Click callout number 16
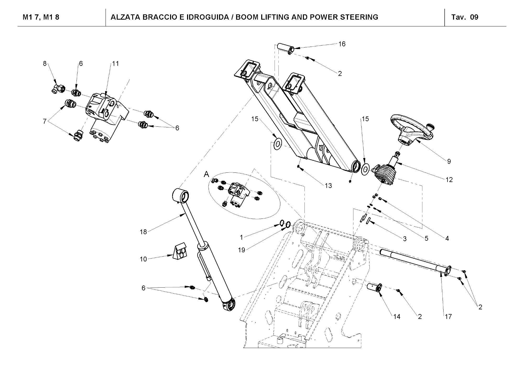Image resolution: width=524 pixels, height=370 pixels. pyautogui.click(x=342, y=44)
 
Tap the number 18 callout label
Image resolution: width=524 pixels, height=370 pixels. pyautogui.click(x=143, y=232)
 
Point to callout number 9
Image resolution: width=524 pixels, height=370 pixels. pyautogui.click(x=449, y=161)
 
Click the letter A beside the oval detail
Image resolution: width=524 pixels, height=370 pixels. pyautogui.click(x=206, y=174)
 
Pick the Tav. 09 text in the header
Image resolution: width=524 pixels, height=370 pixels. pyautogui.click(x=465, y=17)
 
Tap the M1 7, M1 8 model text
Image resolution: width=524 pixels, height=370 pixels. pyautogui.click(x=41, y=17)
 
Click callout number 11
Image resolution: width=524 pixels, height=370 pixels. pyautogui.click(x=115, y=64)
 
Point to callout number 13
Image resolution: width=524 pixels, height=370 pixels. pyautogui.click(x=328, y=186)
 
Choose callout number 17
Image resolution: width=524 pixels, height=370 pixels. pyautogui.click(x=448, y=317)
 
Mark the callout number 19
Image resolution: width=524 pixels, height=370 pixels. pyautogui.click(x=241, y=250)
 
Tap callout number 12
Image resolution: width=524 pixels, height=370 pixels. pyautogui.click(x=449, y=180)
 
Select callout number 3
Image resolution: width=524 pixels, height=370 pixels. pyautogui.click(x=405, y=239)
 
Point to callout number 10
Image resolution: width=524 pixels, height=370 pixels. pyautogui.click(x=143, y=259)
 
